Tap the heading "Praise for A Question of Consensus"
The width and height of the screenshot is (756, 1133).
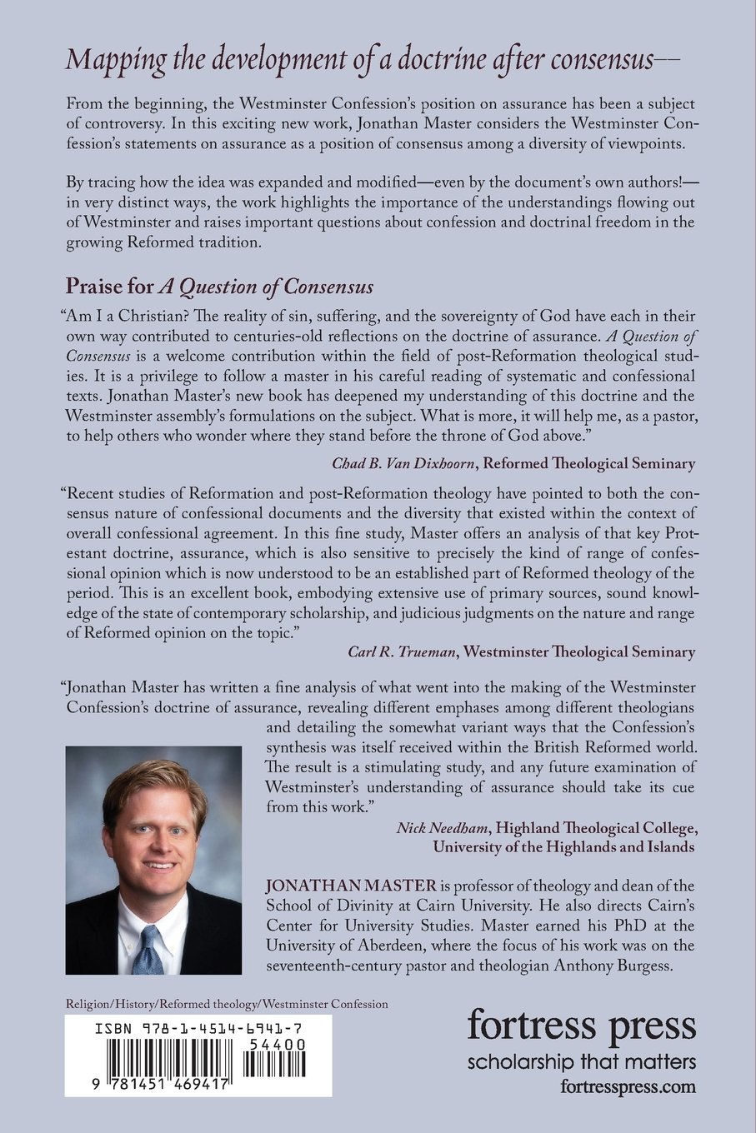219,287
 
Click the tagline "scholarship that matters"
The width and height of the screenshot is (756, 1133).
581,1062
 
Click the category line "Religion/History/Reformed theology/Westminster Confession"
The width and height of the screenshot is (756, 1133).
227,1004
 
